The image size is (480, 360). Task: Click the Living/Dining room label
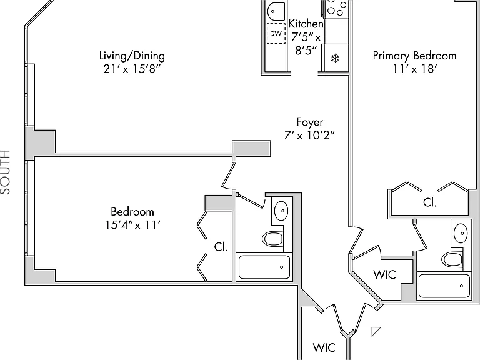[x=132, y=56]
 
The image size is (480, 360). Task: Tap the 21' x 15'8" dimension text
[x=132, y=69]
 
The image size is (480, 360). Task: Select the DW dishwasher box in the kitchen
[x=276, y=33]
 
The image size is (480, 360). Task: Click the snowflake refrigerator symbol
[x=336, y=58]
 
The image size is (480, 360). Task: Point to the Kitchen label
[x=306, y=24]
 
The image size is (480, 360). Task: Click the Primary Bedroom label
[x=414, y=56]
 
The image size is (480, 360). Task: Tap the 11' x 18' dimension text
[x=414, y=69]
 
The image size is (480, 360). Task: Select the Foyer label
[x=310, y=122]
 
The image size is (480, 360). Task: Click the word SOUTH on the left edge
[x=5, y=172]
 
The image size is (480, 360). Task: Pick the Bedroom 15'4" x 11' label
[x=132, y=218]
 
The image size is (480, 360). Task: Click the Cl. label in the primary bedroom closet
[x=430, y=202]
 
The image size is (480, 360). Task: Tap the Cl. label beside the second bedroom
[x=221, y=247]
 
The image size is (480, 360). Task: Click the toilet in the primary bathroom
[x=451, y=259]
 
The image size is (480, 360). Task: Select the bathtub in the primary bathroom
[x=444, y=286]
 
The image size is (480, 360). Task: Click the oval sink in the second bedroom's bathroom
[x=281, y=210]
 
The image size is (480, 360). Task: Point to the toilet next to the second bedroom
[x=272, y=239]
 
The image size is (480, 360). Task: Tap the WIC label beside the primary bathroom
[x=384, y=274]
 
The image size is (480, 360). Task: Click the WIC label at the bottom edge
[x=324, y=347]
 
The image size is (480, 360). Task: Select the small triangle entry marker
[x=376, y=331]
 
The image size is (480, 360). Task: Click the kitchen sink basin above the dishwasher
[x=276, y=11]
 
